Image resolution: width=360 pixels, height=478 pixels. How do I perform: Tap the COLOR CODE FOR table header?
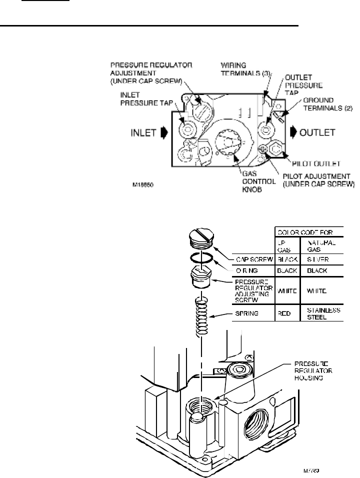tap(307, 232)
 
